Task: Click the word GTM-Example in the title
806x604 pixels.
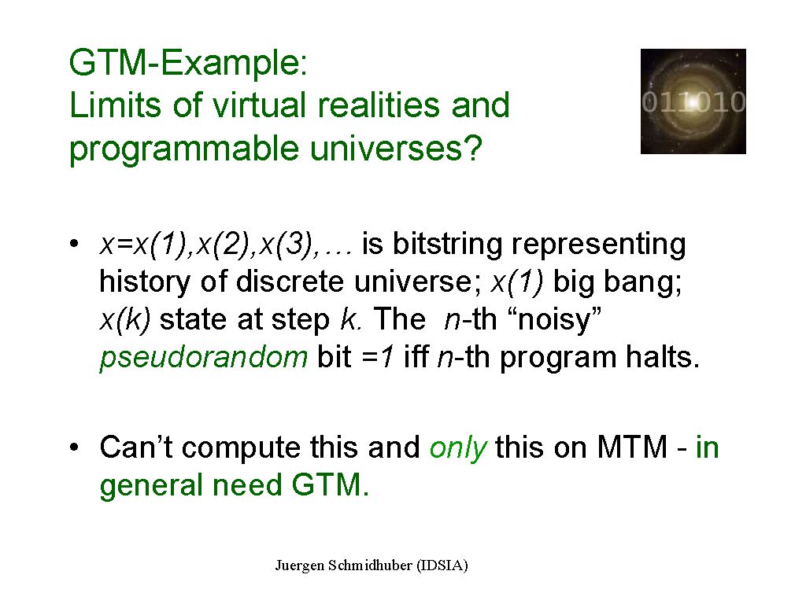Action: coord(188,64)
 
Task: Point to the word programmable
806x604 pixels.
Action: coord(184,150)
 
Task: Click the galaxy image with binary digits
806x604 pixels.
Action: coord(693,101)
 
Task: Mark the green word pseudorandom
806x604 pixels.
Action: coord(204,358)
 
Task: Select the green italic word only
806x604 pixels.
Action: coord(458,447)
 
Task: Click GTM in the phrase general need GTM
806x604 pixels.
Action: coord(330,484)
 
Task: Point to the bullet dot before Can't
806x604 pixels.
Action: coord(75,447)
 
